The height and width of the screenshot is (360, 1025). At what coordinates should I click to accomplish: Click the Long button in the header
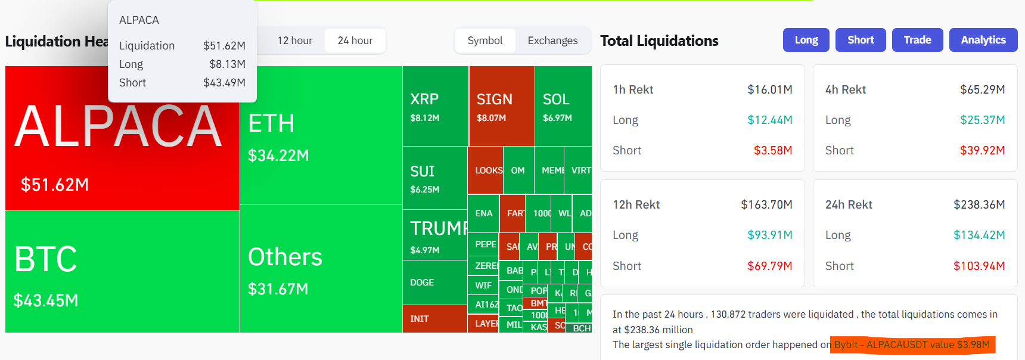pos(806,40)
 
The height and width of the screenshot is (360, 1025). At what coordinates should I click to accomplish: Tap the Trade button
pos(917,40)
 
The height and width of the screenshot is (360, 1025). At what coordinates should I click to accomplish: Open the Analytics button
pos(983,40)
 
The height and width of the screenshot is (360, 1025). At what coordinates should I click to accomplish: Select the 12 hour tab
pos(294,41)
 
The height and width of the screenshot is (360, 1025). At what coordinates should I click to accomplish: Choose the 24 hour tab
pos(355,41)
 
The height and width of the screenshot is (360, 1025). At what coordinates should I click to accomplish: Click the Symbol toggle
pos(484,41)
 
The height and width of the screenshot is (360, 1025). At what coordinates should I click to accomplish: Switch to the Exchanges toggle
pos(552,41)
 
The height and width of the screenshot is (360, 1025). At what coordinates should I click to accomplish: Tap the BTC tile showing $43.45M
pos(122,272)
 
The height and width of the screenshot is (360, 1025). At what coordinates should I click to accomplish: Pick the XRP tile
pos(435,106)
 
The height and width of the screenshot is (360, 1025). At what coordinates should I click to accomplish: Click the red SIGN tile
pos(501,106)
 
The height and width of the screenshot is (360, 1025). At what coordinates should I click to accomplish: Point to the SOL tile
pos(563,106)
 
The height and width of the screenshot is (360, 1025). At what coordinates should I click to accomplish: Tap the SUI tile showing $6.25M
pos(434,178)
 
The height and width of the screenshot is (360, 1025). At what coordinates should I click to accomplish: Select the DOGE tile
pos(434,283)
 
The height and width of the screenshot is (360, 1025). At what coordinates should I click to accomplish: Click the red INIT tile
pos(434,319)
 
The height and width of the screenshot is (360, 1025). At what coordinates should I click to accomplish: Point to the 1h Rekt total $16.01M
pos(769,89)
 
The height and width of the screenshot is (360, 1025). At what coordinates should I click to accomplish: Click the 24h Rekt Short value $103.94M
pos(979,266)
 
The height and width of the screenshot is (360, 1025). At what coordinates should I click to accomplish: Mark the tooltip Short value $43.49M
pos(224,83)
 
